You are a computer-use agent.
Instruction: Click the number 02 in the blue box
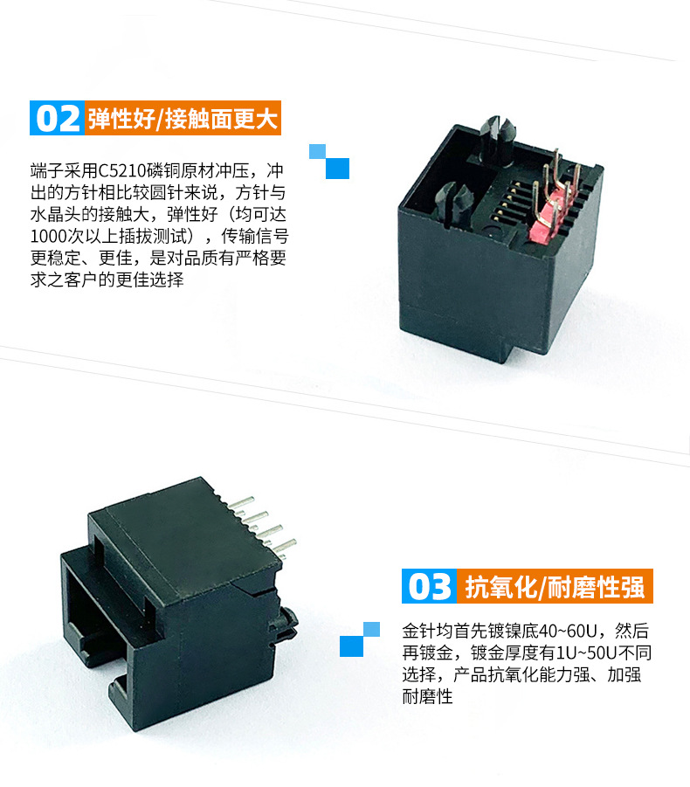tap(58, 119)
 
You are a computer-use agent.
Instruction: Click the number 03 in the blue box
tap(430, 586)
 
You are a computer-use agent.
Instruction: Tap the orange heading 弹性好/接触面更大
tap(183, 119)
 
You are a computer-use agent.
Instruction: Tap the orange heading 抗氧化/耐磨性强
tap(555, 586)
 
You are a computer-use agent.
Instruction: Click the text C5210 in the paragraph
tap(120, 171)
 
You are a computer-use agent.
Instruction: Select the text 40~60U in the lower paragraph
tap(567, 631)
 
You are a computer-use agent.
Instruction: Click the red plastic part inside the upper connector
tap(542, 221)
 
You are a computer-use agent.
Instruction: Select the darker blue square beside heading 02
tap(337, 169)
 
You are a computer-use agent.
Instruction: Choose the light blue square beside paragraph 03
tap(371, 630)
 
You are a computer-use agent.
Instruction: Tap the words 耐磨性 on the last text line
tap(428, 696)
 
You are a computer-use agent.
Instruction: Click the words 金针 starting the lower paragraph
tap(419, 631)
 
